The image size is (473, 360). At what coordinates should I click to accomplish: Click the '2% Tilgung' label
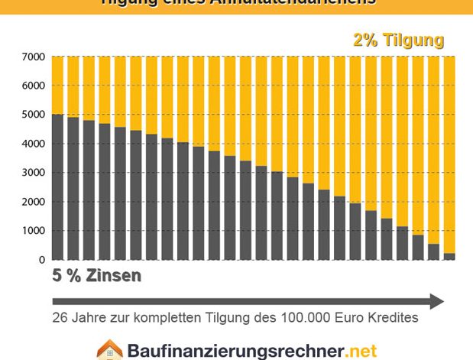398,41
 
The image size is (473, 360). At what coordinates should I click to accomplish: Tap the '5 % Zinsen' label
96,276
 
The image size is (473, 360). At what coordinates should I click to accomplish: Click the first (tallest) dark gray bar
57,186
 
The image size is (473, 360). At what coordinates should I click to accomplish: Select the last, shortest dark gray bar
449,256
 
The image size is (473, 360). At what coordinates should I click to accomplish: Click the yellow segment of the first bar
57,85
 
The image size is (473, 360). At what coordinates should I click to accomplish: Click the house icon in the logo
109,350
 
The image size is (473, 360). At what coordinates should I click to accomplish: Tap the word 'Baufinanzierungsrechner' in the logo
234,352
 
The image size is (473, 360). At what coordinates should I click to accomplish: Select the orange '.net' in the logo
361,352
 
